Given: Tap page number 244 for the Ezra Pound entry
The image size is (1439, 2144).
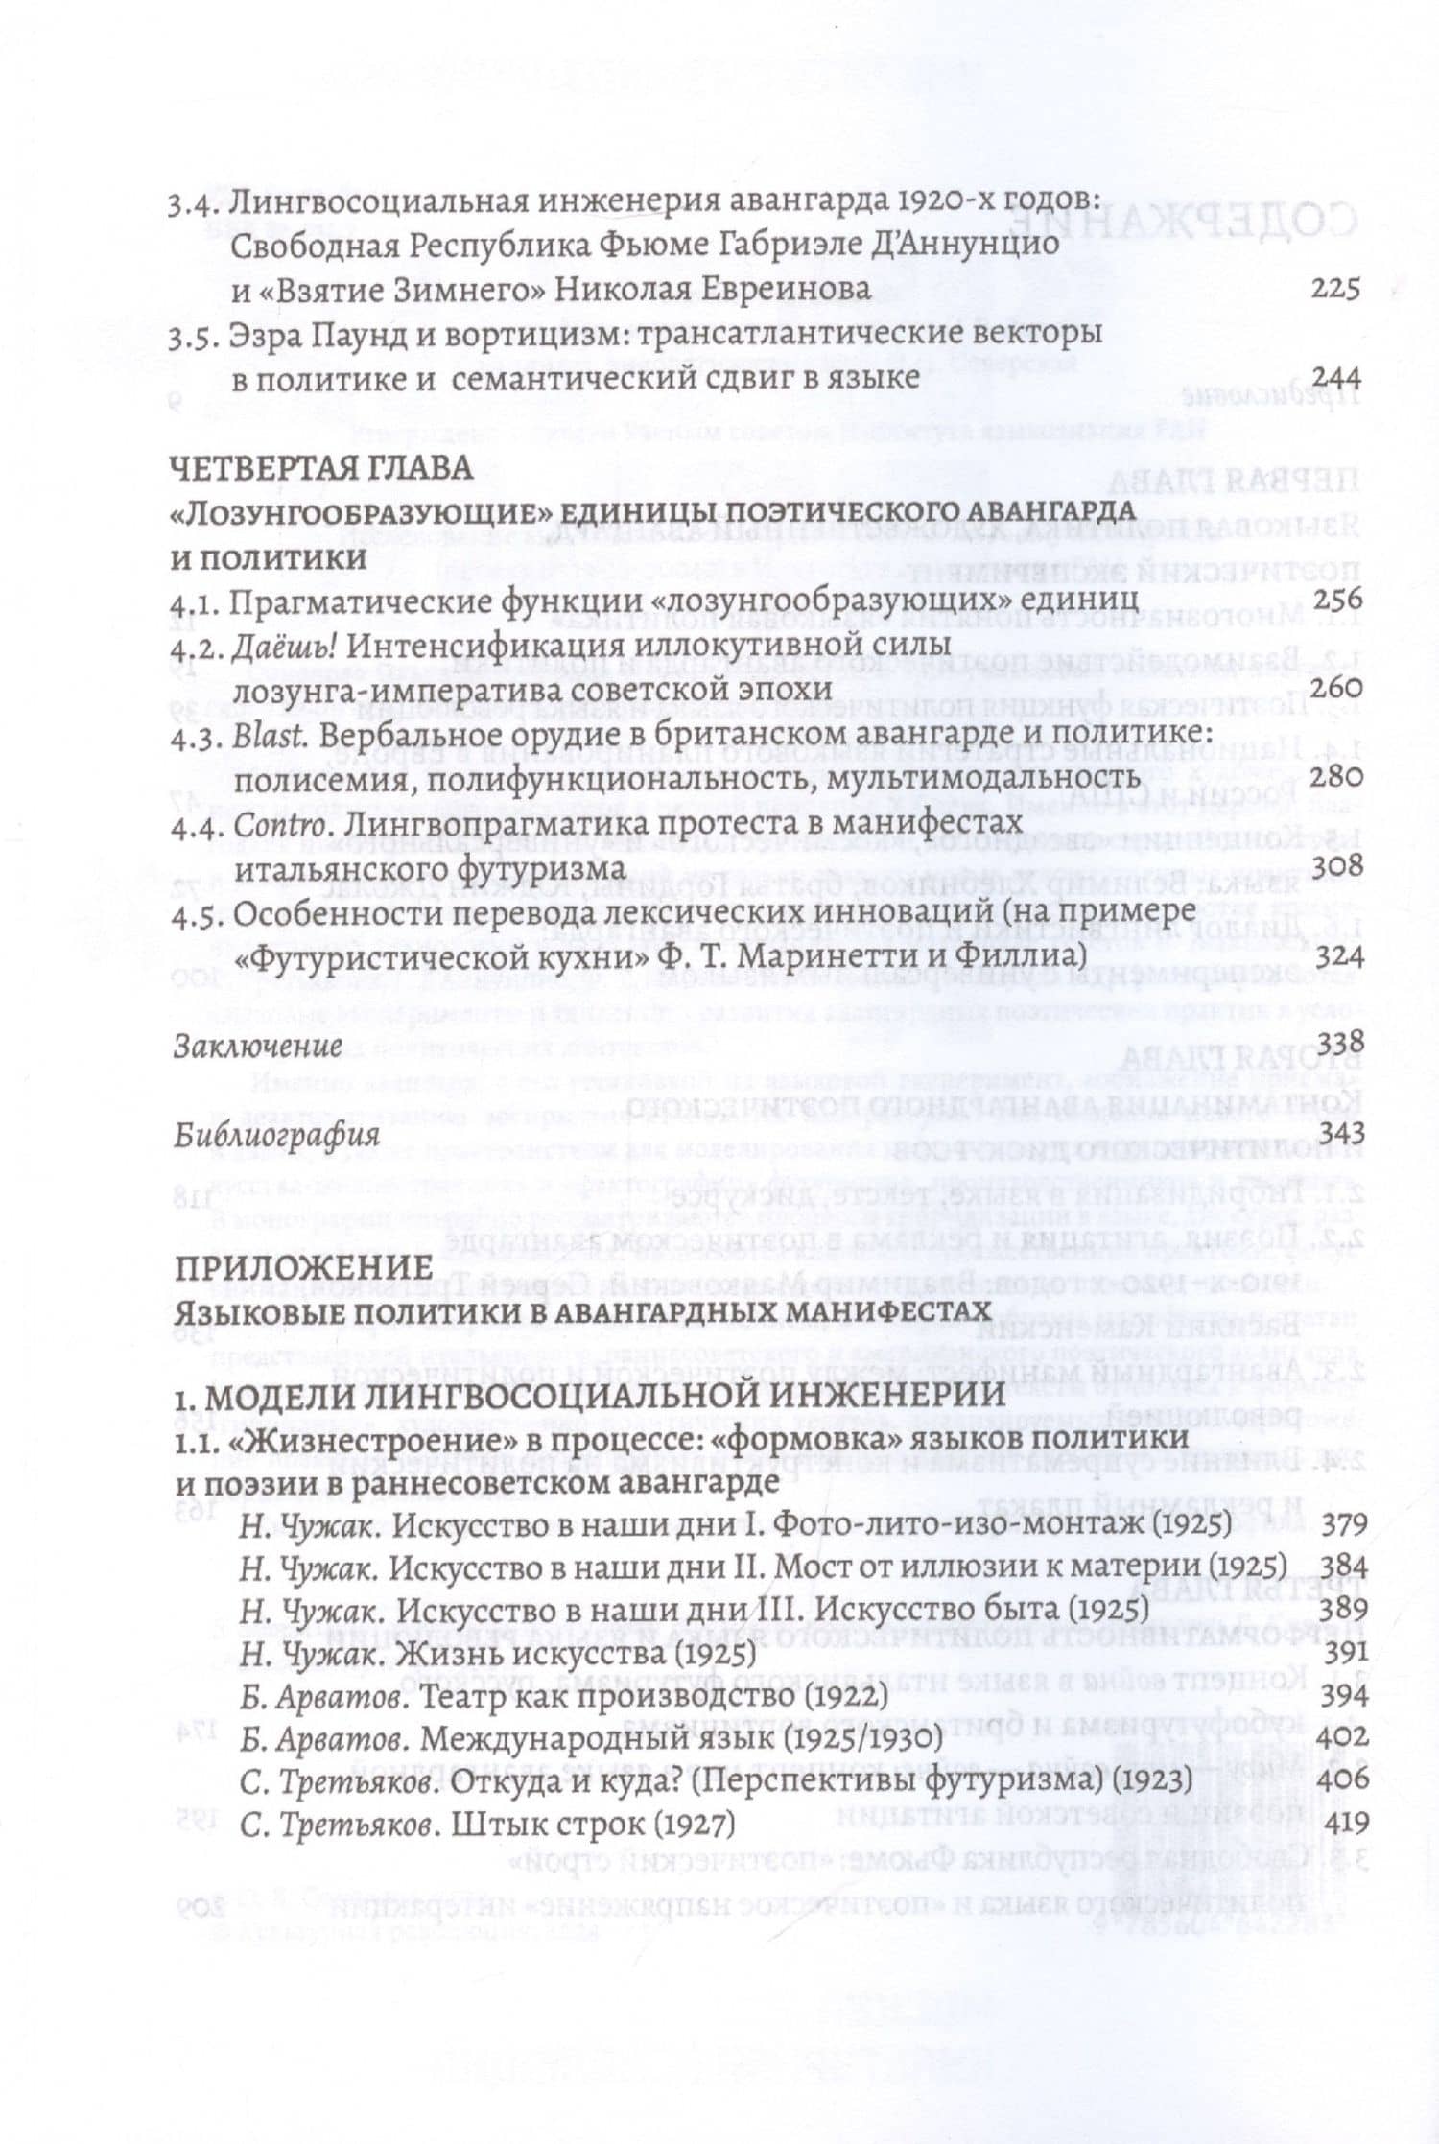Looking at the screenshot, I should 1334,376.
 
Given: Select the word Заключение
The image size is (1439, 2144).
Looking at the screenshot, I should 256,1045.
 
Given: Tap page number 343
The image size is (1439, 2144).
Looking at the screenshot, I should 1335,1132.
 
